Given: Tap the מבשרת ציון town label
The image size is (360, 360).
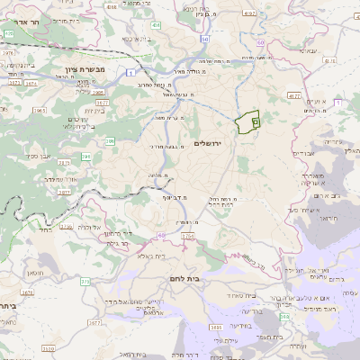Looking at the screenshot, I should tap(85, 69).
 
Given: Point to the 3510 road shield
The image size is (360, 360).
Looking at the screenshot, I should tap(47, 347).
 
